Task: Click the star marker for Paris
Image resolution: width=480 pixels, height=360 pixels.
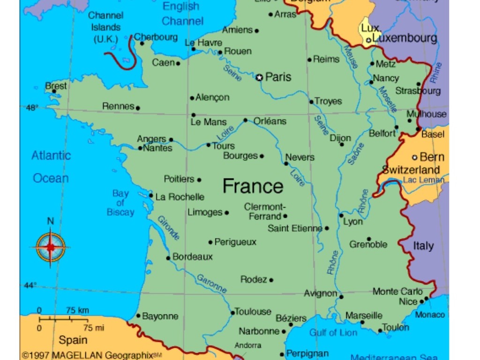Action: coord(259,77)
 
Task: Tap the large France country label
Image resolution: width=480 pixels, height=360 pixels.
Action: coord(253,186)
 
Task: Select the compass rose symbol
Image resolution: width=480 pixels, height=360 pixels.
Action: coord(50,246)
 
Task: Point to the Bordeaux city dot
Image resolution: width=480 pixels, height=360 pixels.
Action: coord(168,258)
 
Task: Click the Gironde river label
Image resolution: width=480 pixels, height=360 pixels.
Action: coord(168,228)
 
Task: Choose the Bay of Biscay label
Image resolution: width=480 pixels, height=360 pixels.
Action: coord(120,202)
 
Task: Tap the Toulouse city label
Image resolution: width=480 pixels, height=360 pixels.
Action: coord(253,312)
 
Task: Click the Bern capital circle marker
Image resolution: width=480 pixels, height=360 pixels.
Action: coord(414,157)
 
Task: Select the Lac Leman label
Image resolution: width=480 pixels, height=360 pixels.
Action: coord(423,180)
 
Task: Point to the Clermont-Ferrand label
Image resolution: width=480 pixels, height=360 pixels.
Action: coord(265,211)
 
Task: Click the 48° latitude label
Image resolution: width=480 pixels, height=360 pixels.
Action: coord(31,107)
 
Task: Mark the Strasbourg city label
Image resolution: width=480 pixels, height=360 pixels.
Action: coord(418,91)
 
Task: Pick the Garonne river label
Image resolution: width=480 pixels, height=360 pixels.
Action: coord(211,284)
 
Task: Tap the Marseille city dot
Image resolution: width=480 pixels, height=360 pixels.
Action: coord(362,322)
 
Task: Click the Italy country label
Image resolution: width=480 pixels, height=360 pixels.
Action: coord(423,246)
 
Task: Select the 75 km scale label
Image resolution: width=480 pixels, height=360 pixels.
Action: coord(77,310)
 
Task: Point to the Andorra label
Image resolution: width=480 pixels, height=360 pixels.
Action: coord(248,345)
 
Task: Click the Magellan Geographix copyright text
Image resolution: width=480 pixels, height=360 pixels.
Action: coord(92,355)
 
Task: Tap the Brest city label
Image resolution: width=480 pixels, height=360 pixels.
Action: coord(56,86)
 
